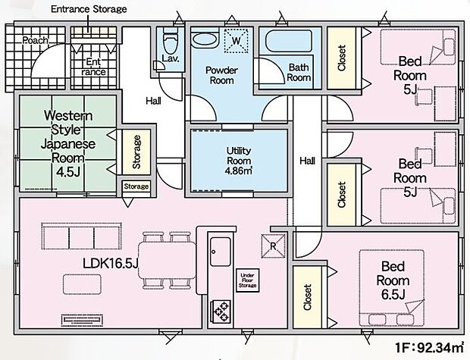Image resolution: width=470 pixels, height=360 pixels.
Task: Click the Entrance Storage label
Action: pos(89,8)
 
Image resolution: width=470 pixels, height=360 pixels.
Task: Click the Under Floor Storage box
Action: pos(249,280)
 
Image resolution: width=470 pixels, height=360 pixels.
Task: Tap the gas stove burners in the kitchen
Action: pos(221,310)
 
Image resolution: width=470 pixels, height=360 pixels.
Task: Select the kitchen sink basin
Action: pos(221,249)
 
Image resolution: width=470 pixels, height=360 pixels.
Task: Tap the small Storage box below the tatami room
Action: pos(136,186)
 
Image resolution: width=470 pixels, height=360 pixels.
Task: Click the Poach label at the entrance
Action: pos(34,40)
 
